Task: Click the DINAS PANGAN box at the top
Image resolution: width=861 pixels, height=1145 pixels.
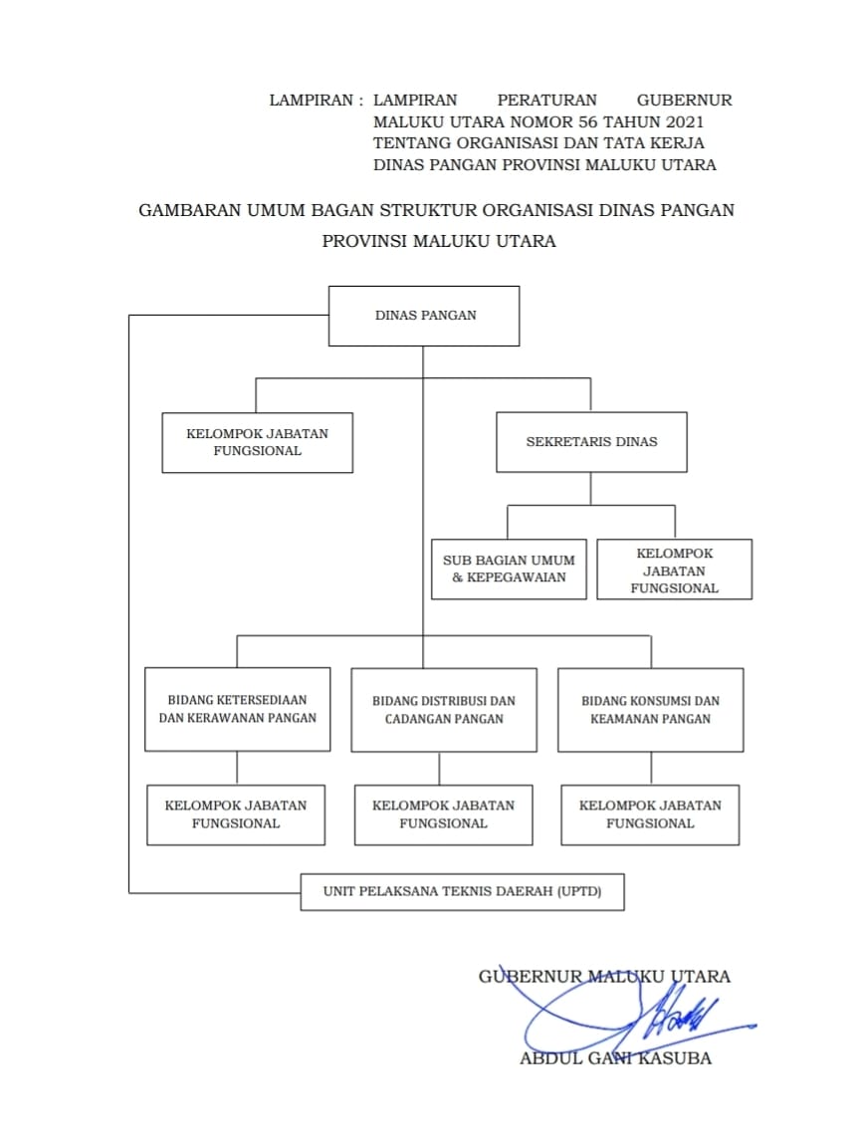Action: (424, 316)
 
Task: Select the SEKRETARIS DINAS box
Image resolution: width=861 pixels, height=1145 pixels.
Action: (591, 442)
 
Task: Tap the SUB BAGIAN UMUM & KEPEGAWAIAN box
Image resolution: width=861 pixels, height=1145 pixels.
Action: (509, 570)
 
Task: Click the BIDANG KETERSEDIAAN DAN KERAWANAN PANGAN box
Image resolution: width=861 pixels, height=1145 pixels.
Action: (237, 709)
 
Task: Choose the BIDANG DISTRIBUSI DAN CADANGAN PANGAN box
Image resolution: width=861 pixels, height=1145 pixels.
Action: (444, 709)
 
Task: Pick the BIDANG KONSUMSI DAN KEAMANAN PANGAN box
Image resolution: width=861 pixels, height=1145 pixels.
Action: (650, 709)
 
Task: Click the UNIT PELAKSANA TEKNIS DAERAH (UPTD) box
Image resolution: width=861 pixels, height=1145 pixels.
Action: (463, 891)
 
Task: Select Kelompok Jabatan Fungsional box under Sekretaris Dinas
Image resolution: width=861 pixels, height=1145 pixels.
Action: (674, 570)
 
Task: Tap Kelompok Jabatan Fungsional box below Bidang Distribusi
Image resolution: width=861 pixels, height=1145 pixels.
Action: (443, 814)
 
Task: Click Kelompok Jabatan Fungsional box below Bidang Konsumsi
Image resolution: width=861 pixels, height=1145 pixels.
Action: (650, 814)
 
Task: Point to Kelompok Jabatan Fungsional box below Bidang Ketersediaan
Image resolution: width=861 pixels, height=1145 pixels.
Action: (236, 814)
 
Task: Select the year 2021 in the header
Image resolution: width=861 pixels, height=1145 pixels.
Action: (679, 121)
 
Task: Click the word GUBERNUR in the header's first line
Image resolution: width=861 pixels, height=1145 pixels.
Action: (684, 100)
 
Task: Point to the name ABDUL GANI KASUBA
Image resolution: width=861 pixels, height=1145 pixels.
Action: (615, 1058)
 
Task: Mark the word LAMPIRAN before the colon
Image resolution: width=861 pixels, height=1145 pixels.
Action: (311, 100)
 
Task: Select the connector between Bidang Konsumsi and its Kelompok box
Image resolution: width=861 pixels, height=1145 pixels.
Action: (651, 768)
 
